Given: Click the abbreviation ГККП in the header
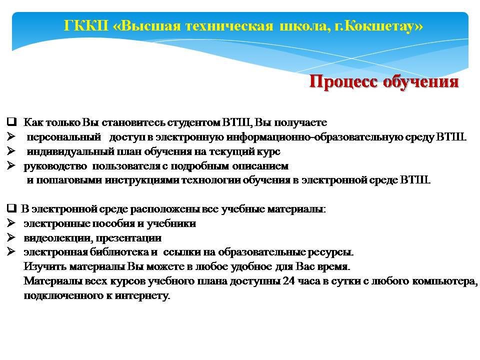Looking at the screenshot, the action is coord(86,25).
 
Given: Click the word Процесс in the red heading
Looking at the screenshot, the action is coord(343,82).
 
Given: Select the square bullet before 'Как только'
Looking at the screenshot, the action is coord(11,122).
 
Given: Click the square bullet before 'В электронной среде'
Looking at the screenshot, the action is coord(11,208).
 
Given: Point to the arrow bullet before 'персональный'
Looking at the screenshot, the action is coord(11,136).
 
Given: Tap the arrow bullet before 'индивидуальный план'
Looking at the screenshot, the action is coord(11,151).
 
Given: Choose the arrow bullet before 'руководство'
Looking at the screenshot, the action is coord(11,165).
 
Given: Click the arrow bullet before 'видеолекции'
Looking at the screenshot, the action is coord(11,237).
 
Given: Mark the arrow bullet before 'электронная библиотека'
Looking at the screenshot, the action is coord(11,251).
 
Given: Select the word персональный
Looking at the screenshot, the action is coord(63,137).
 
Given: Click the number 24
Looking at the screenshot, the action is coord(288,280).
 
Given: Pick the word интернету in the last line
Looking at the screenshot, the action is coord(142,295).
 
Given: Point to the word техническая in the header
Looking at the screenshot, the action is coord(229,26).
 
